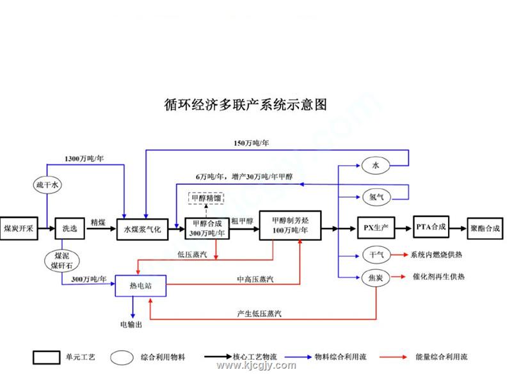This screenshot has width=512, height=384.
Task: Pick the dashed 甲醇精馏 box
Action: click(x=206, y=199)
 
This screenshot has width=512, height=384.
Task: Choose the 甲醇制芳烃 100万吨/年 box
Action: click(x=290, y=225)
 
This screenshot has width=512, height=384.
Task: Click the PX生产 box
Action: click(x=376, y=228)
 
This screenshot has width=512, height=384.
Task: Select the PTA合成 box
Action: click(x=431, y=227)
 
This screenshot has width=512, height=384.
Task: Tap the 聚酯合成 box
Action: click(x=485, y=228)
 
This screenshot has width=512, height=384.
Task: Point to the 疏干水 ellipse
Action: click(x=47, y=186)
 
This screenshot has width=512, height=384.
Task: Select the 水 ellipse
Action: click(x=376, y=166)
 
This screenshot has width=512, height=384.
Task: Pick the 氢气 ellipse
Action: click(x=376, y=196)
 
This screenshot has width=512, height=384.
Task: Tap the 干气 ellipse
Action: click(x=376, y=255)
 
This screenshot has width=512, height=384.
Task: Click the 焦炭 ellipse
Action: click(x=376, y=277)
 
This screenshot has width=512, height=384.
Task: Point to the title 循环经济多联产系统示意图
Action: click(x=246, y=104)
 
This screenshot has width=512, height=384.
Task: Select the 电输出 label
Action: click(x=131, y=325)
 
